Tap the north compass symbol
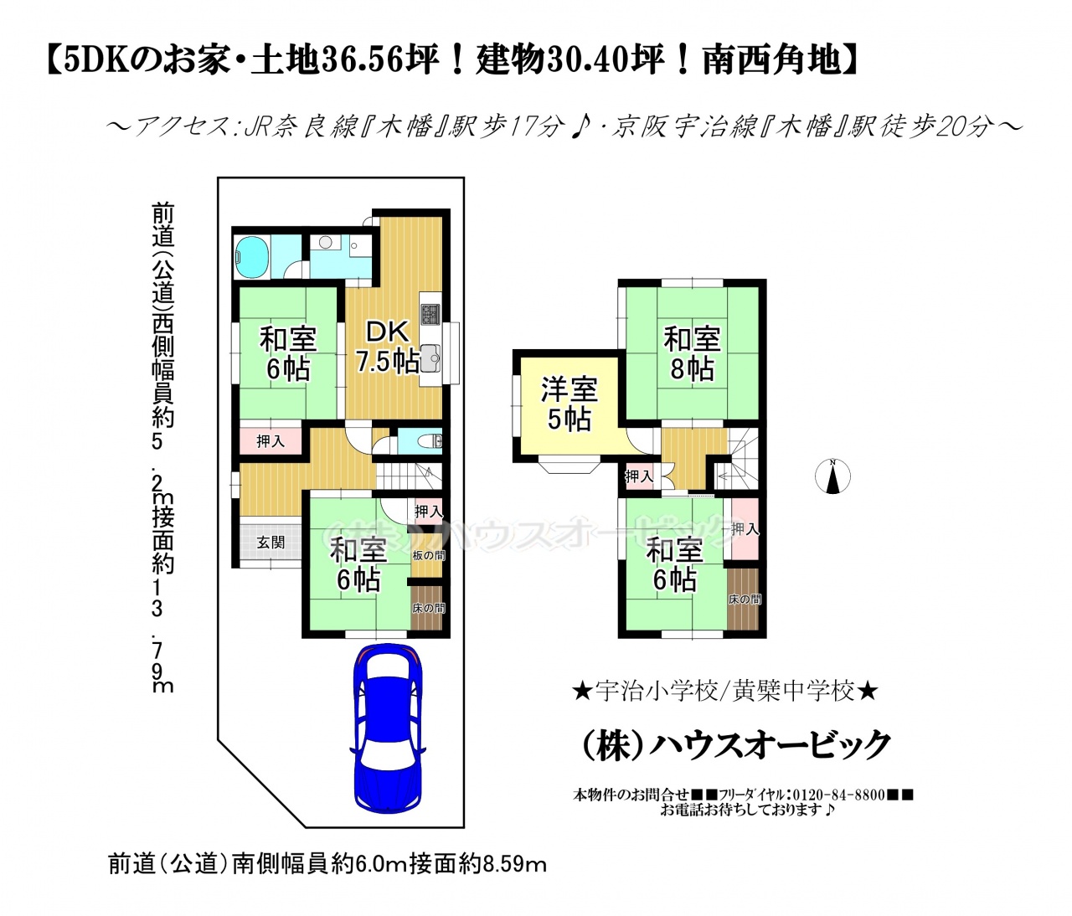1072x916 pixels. [832, 476]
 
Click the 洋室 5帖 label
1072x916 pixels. [569, 404]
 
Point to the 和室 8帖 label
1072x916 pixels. [692, 353]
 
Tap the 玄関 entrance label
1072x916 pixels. [271, 543]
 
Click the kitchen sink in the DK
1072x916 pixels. [430, 358]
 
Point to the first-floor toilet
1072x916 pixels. [428, 441]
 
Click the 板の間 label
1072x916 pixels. [429, 555]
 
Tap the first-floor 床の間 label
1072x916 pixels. [429, 608]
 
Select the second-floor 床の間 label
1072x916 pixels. [745, 600]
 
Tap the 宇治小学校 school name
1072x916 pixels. [657, 691]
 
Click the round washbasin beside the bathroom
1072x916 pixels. [326, 242]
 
